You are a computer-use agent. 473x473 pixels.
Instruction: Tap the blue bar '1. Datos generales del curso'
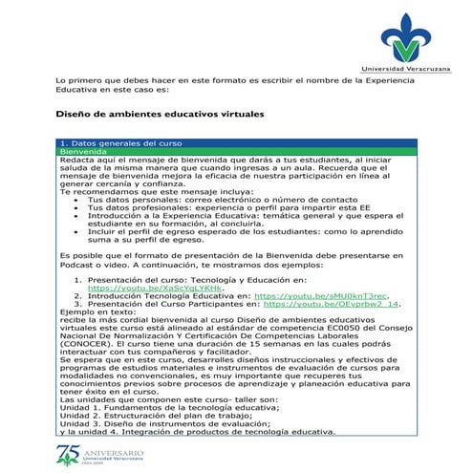115,143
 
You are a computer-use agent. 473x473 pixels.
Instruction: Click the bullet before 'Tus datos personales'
76,199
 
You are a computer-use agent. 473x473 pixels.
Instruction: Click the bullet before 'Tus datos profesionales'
76,207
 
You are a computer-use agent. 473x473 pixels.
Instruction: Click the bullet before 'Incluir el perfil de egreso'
76,230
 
